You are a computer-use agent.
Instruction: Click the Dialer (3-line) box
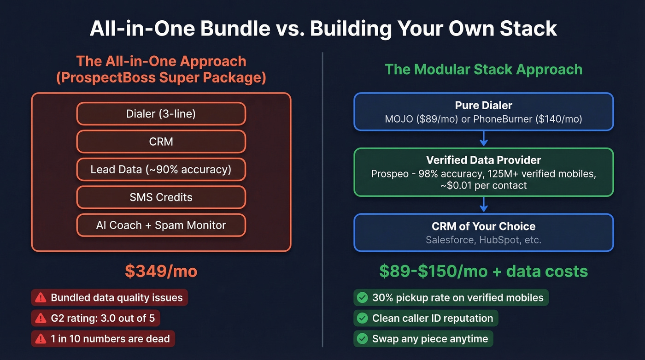(161, 113)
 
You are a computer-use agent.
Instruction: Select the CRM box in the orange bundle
(161, 142)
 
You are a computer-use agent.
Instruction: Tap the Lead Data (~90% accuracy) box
(161, 169)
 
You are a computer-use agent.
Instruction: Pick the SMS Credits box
(161, 197)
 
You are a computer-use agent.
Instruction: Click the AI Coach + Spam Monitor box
(161, 225)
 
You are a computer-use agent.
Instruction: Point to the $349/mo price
(161, 271)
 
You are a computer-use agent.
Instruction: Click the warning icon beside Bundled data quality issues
(41, 298)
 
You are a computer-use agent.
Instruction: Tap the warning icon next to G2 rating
(41, 318)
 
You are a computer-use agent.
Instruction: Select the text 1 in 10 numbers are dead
(110, 339)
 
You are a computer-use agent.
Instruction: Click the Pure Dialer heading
(483, 106)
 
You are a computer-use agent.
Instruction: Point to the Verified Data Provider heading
(483, 160)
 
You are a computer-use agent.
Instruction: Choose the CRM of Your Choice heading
(483, 226)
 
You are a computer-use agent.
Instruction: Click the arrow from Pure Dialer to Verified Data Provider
(483, 138)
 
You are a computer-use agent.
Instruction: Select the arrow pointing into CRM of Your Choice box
(483, 204)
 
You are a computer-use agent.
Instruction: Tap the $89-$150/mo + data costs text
(483, 271)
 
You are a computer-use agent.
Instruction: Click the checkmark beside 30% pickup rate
(363, 298)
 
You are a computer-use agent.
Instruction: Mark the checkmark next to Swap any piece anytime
(363, 339)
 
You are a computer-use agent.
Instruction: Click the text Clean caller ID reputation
(432, 318)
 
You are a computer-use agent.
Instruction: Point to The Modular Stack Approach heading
(483, 70)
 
